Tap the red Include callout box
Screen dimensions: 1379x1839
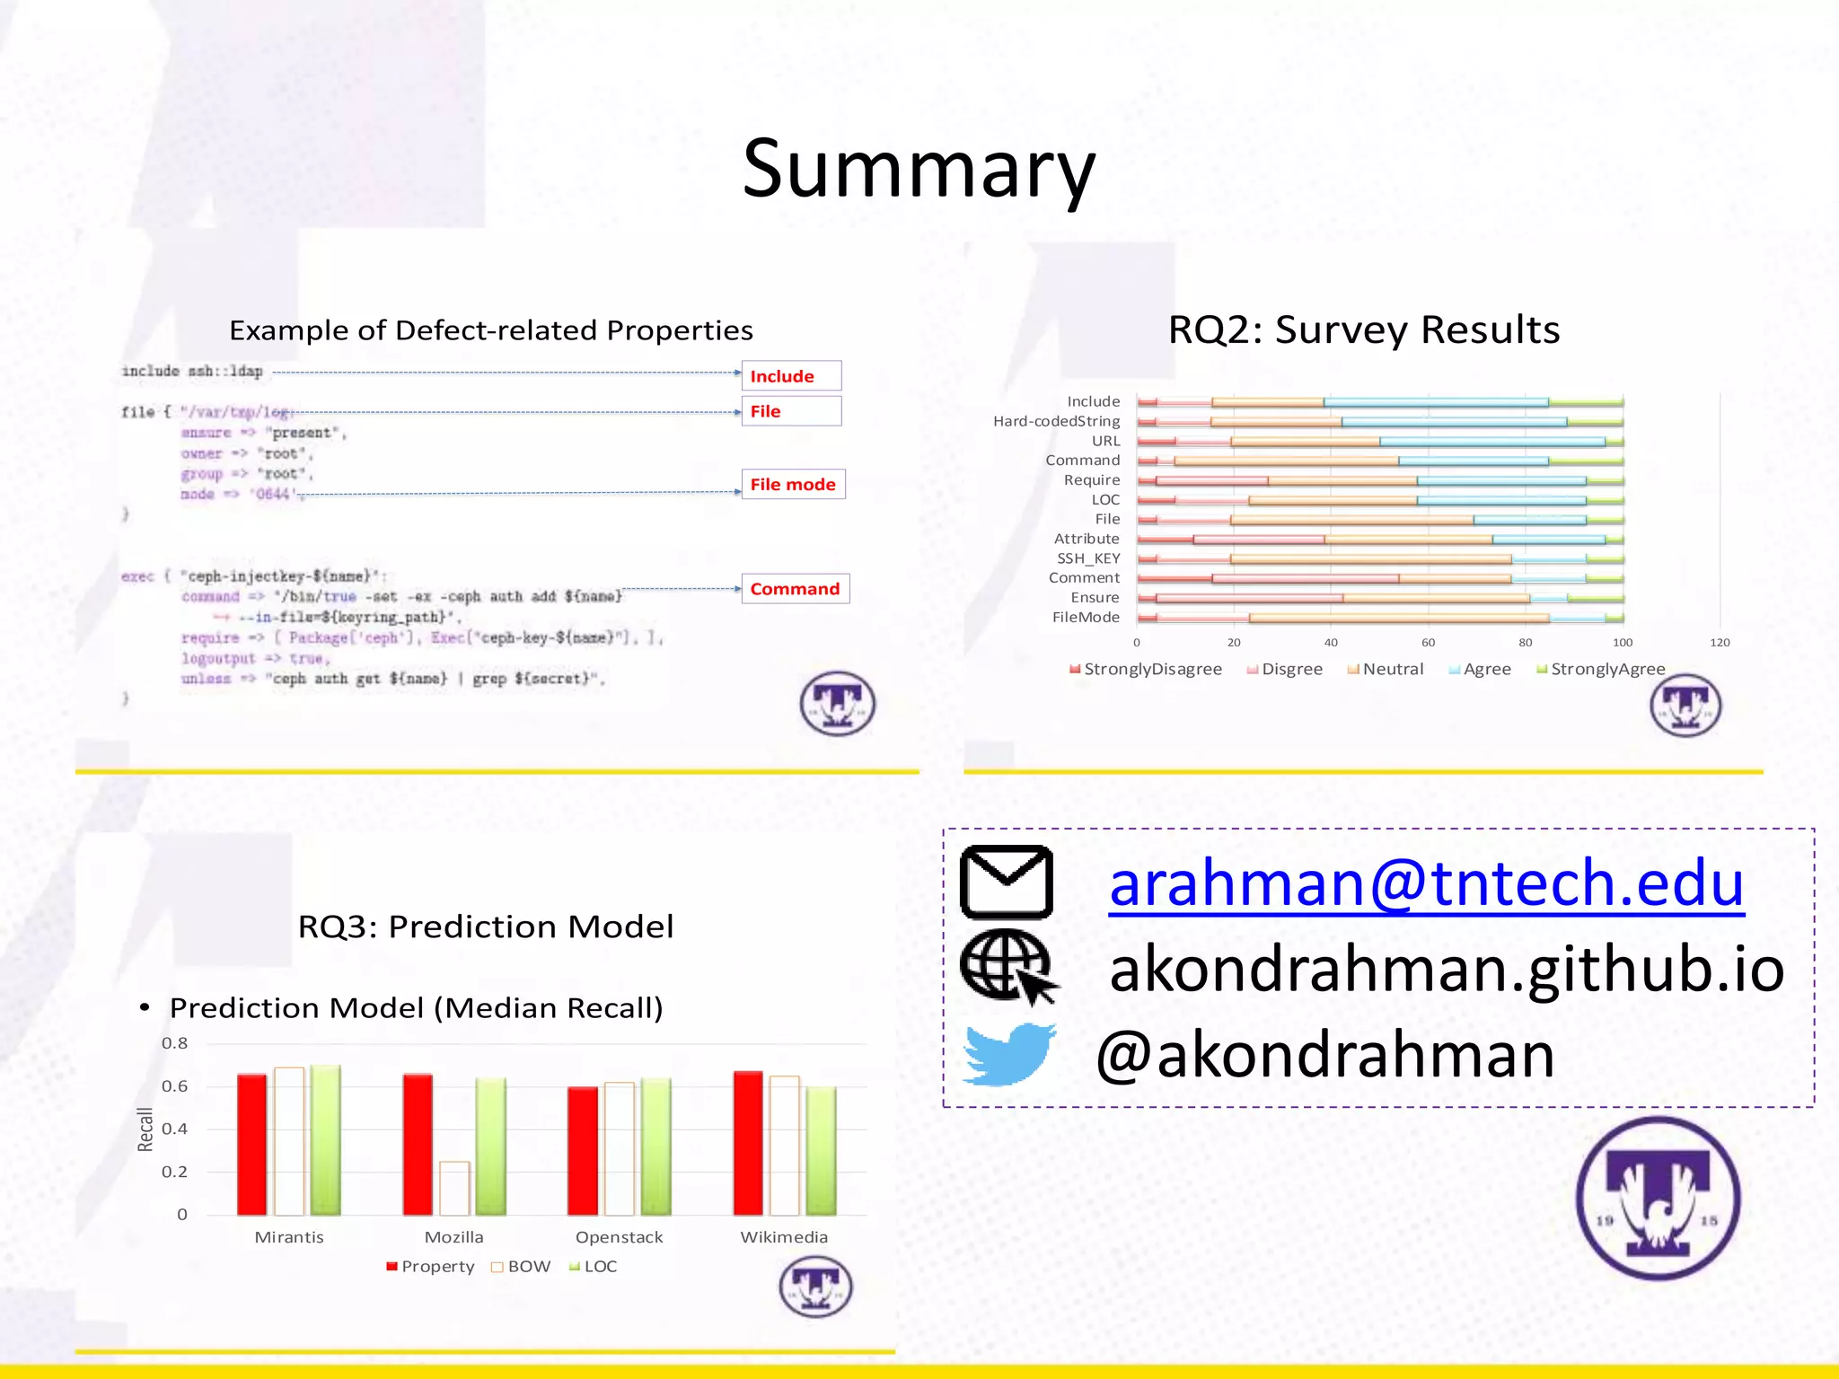tap(791, 376)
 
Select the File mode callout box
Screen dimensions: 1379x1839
tap(793, 485)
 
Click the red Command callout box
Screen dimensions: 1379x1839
tap(795, 589)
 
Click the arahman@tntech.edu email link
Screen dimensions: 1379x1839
tap(1426, 883)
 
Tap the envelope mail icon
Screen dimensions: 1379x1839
tap(1007, 882)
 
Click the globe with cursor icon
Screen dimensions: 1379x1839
tap(1008, 967)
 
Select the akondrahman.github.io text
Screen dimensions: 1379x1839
tap(1447, 970)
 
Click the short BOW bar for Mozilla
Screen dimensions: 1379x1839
tap(454, 1188)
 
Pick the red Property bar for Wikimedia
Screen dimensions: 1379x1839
tap(748, 1143)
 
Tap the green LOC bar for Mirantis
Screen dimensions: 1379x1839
tap(325, 1139)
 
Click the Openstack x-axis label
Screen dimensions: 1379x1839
tap(619, 1237)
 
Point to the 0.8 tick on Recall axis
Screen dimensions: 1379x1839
tap(174, 1043)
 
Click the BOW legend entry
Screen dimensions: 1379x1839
tap(521, 1267)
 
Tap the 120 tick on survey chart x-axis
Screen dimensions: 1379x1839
tap(1719, 643)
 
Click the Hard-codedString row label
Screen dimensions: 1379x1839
tap(1056, 421)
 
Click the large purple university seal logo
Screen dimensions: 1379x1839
tap(1658, 1199)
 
